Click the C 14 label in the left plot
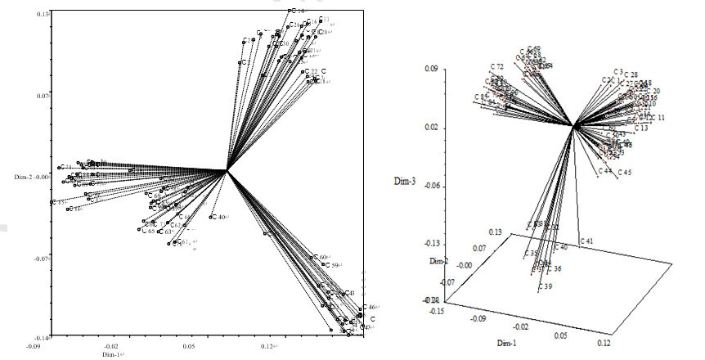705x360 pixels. tap(297, 11)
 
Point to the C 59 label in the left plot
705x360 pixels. tap(331, 265)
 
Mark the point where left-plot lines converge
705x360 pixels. tap(227, 170)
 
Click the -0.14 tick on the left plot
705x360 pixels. tap(43, 337)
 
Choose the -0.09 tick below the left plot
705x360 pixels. tap(34, 346)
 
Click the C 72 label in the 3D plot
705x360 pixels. tap(497, 66)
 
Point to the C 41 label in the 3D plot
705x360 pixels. tap(587, 241)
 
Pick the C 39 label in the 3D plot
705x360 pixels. tap(546, 286)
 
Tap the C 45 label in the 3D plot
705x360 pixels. tap(625, 173)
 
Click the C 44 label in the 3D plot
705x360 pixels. tap(605, 171)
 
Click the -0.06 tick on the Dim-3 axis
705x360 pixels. tap(429, 186)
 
